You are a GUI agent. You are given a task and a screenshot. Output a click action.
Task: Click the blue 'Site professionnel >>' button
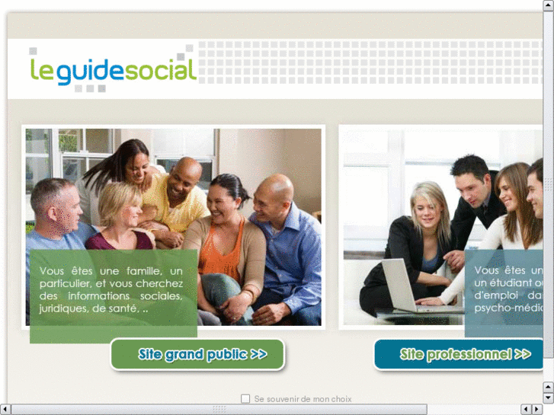[460, 354]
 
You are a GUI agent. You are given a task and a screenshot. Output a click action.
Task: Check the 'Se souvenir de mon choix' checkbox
[245, 398]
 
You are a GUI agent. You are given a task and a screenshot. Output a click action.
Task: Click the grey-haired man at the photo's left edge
[55, 206]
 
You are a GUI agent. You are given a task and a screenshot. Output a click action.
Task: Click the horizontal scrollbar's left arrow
[5, 410]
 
